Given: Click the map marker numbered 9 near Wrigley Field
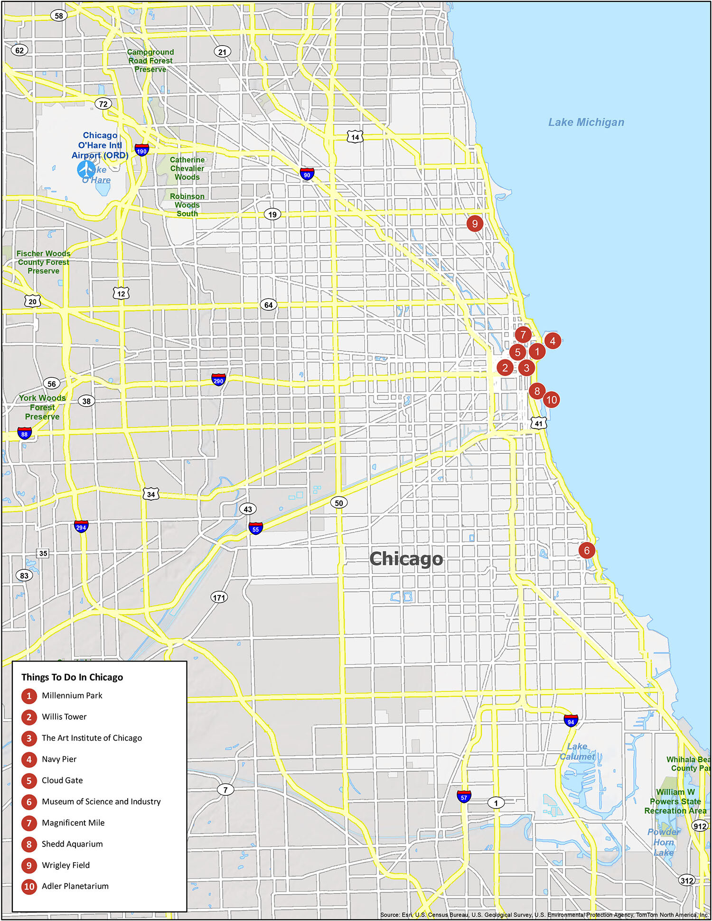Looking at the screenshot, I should tap(475, 223).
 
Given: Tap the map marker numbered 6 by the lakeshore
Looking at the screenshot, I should tap(587, 550).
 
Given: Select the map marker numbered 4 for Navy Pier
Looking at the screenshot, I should tap(553, 341).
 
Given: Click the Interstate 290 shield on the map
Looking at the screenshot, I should tap(218, 380).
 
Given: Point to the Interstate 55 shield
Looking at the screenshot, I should tap(256, 529).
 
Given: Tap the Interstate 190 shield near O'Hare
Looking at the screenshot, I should tap(141, 150).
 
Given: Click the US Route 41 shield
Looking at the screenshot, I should tap(538, 423).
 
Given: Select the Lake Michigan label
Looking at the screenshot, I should tap(586, 122).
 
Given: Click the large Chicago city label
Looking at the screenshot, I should tap(406, 559).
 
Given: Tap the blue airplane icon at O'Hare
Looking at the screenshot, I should tap(86, 169).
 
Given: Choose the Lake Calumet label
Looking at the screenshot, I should tap(577, 752).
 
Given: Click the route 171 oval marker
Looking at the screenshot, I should tap(219, 597).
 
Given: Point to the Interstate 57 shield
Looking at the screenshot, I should tap(464, 797).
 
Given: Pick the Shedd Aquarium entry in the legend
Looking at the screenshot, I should tap(72, 844).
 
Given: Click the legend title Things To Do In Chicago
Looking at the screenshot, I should tap(72, 677).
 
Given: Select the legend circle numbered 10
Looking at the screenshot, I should tap(29, 886).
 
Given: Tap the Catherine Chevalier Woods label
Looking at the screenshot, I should tap(187, 168).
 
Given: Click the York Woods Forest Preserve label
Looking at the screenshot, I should tap(42, 407).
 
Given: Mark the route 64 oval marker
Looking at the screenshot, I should tap(269, 305).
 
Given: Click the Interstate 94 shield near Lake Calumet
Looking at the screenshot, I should tap(571, 721).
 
